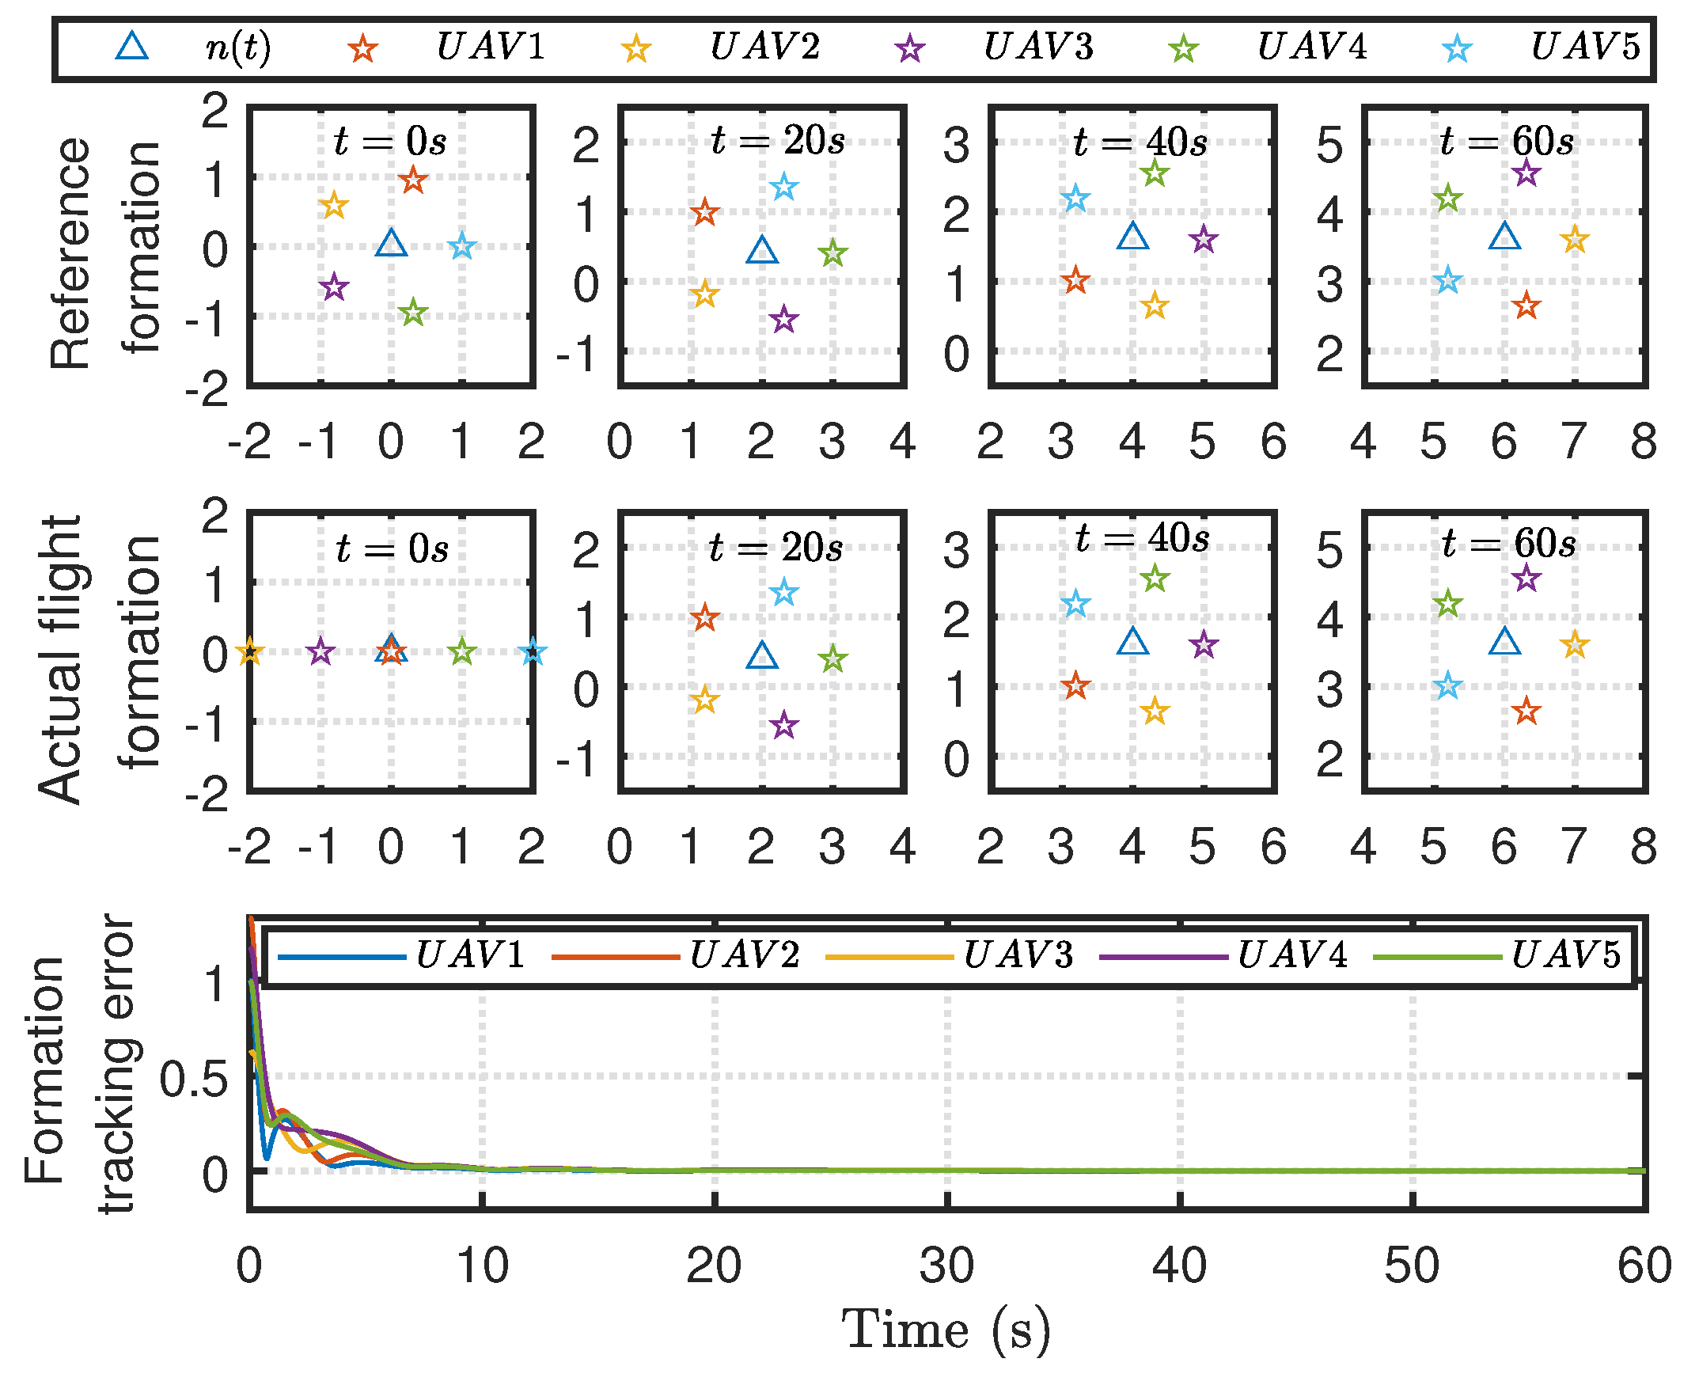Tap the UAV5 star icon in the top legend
tap(1457, 49)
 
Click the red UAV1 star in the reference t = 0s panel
tap(413, 180)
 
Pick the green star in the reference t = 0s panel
tap(413, 313)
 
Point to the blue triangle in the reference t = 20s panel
tap(762, 250)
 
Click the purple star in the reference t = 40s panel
tap(1203, 240)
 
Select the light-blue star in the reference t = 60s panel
tap(1448, 281)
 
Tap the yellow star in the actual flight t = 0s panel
tap(249, 651)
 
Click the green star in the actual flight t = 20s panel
tap(832, 658)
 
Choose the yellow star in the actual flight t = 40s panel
tap(1155, 711)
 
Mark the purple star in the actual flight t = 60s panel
tap(1526, 578)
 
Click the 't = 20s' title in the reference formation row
tap(778, 141)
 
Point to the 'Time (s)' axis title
tap(946, 1330)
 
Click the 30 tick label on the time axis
tap(946, 1266)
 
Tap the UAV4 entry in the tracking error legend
tap(1291, 954)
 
